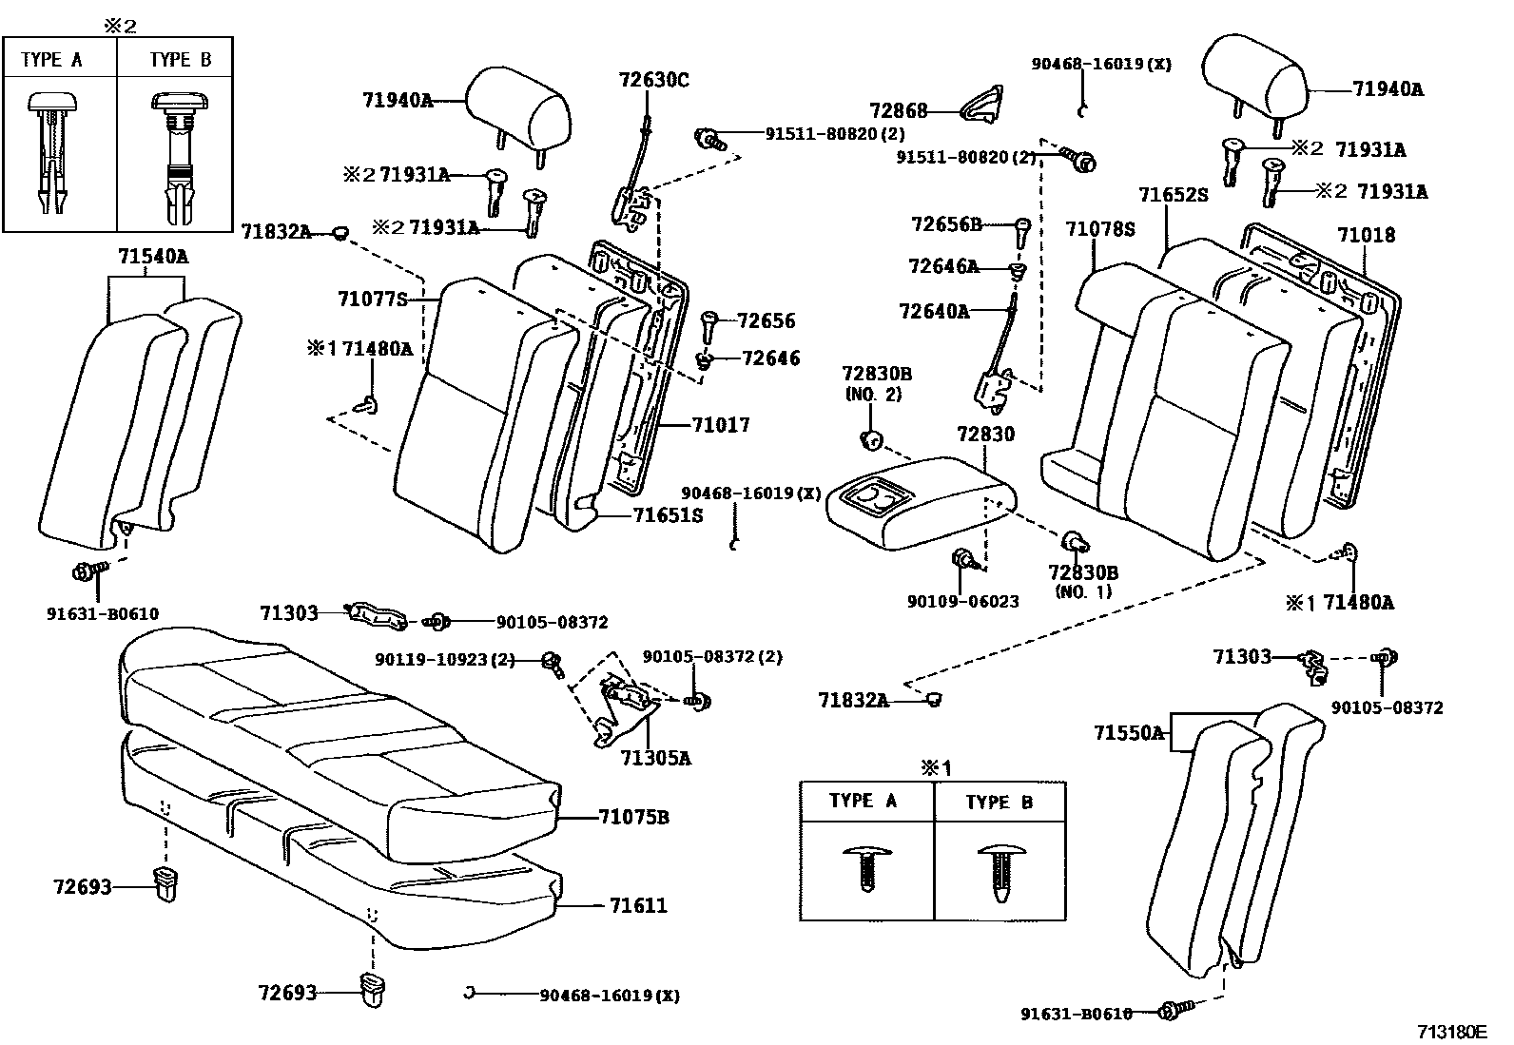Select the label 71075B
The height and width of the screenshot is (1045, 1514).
pyautogui.click(x=633, y=817)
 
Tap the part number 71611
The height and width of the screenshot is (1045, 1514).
pyautogui.click(x=638, y=905)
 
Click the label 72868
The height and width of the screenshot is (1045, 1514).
pyautogui.click(x=898, y=111)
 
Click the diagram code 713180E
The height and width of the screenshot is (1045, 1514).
pyautogui.click(x=1451, y=1032)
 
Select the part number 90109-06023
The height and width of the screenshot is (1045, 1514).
pyautogui.click(x=962, y=601)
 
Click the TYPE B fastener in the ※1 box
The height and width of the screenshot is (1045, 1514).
pyautogui.click(x=999, y=871)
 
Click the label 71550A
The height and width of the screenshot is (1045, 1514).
pyautogui.click(x=1128, y=733)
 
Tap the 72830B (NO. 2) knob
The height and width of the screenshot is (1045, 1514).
pyautogui.click(x=870, y=438)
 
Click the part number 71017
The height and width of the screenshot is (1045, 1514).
pyautogui.click(x=720, y=425)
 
